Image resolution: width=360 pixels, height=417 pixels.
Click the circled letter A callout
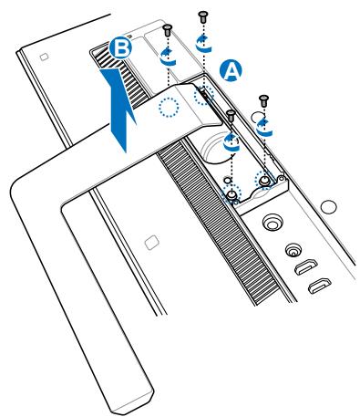(x=231, y=68)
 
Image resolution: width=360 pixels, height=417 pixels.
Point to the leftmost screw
(x=167, y=30)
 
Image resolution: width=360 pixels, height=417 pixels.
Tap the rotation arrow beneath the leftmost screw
(x=167, y=57)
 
